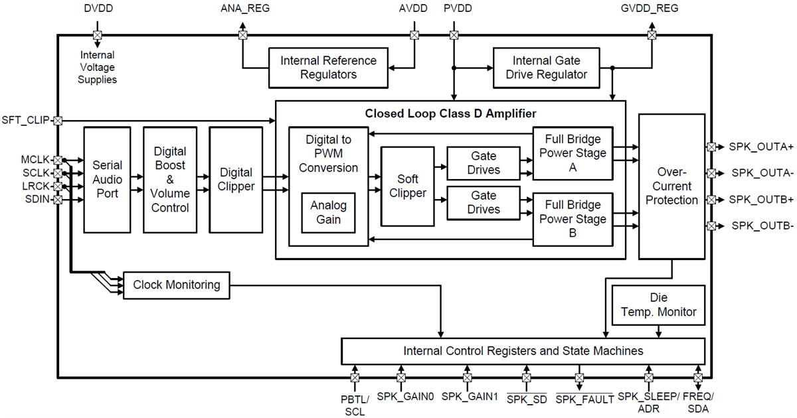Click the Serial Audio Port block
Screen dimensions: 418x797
click(x=108, y=180)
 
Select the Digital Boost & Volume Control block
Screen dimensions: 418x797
click(x=171, y=180)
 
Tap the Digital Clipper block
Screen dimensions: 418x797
click(x=236, y=180)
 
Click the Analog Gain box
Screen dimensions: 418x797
click(x=328, y=213)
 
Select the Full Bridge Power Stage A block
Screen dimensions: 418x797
click(x=573, y=153)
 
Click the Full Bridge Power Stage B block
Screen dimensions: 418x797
click(x=573, y=219)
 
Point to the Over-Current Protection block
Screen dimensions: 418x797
click(x=671, y=186)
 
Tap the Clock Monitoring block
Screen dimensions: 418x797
click(x=177, y=285)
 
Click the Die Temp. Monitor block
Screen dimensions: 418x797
click(x=658, y=305)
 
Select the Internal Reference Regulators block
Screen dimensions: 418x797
click(x=328, y=68)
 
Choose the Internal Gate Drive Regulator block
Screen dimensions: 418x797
click(x=546, y=68)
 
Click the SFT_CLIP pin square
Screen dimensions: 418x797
click(x=58, y=121)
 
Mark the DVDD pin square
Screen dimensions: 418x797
click(x=97, y=35)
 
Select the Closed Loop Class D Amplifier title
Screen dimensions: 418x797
click(x=450, y=113)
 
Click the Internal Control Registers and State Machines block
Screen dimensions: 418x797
click(x=523, y=350)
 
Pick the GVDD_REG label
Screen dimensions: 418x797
click(x=651, y=9)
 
